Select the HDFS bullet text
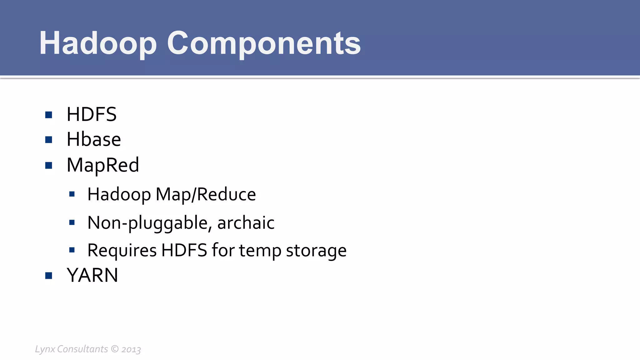tap(92, 114)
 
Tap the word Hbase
tap(94, 139)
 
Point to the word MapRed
tap(103, 165)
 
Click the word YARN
tap(92, 275)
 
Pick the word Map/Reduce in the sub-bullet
tap(206, 194)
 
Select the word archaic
tap(246, 223)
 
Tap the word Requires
tap(122, 250)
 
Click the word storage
tap(316, 250)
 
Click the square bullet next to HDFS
tap(48, 115)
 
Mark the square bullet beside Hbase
tap(48, 140)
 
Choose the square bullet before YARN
tap(48, 276)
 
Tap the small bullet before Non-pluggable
tap(72, 223)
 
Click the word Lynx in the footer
tap(45, 349)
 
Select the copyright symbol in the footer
tap(115, 349)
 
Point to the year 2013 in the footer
tap(131, 349)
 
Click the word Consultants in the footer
tap(82, 349)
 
